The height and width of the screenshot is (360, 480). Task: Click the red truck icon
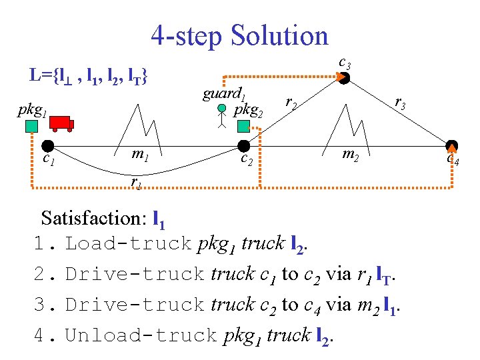coord(61,123)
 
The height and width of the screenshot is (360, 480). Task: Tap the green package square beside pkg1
coord(30,127)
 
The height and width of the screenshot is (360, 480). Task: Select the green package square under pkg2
coord(244,126)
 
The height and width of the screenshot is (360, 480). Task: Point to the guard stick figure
coord(223,116)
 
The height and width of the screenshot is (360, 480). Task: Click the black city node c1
coord(47,146)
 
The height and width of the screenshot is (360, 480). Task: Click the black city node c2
coord(243,146)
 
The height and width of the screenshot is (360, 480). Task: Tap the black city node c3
coord(343,78)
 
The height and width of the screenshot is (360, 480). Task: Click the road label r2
coord(291,102)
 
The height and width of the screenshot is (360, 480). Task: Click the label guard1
coord(225,93)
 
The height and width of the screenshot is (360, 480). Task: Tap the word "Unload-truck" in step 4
coord(141,335)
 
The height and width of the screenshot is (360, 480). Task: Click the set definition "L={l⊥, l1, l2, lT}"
coord(89,75)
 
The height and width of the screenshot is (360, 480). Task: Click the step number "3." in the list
coord(44,305)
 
